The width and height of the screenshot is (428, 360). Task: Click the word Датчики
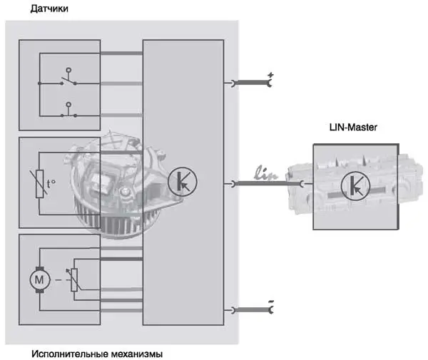pyautogui.click(x=49, y=9)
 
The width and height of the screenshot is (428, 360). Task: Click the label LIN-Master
pyautogui.click(x=353, y=128)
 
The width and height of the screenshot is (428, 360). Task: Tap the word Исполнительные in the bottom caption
pyautogui.click(x=70, y=354)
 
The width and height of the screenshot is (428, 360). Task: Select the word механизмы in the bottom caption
pyautogui.click(x=137, y=354)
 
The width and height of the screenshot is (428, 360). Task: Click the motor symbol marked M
pyautogui.click(x=40, y=280)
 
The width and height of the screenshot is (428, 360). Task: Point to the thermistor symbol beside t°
pyautogui.click(x=40, y=183)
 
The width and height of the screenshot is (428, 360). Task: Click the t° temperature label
pyautogui.click(x=51, y=184)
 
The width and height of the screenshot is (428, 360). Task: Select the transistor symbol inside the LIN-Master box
pyautogui.click(x=355, y=186)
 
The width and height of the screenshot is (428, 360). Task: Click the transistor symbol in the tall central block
pyautogui.click(x=183, y=181)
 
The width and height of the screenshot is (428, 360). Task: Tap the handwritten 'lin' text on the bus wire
pyautogui.click(x=266, y=173)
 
